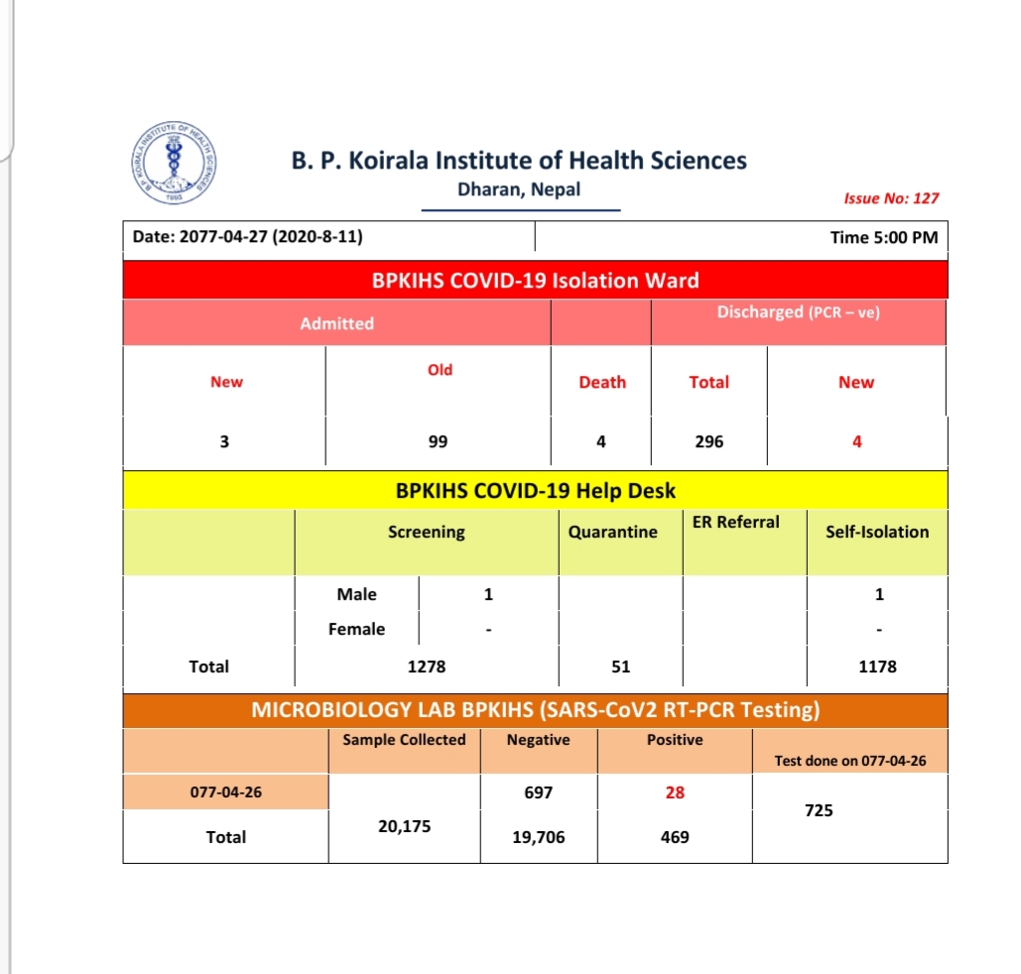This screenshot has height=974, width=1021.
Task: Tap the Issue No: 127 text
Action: coord(890,197)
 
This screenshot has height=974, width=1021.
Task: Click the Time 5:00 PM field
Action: coord(883,238)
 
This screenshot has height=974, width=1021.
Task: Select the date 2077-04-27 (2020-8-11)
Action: coord(247,238)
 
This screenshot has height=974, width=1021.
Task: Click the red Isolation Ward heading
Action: coord(535,281)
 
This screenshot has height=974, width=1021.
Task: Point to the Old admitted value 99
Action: coord(438,441)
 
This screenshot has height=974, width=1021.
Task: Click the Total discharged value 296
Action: coord(708,441)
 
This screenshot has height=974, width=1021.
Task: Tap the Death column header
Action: coord(602,382)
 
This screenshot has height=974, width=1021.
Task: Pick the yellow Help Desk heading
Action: coord(535,490)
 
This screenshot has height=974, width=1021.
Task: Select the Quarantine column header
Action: coord(612,532)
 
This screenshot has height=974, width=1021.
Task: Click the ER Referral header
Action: coord(735,523)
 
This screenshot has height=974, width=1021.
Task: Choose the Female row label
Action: coord(356,629)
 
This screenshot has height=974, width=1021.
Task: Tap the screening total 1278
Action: coord(427,667)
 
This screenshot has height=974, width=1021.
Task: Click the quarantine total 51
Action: coord(620,667)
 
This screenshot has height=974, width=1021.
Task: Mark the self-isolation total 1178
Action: coord(877,667)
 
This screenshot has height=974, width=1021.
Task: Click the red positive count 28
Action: coord(675,792)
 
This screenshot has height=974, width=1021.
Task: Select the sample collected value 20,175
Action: coord(404,825)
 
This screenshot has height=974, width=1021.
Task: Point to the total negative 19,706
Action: coord(538,837)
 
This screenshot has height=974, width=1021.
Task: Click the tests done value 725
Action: coord(819,810)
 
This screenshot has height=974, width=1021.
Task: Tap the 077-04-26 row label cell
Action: coord(225,792)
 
